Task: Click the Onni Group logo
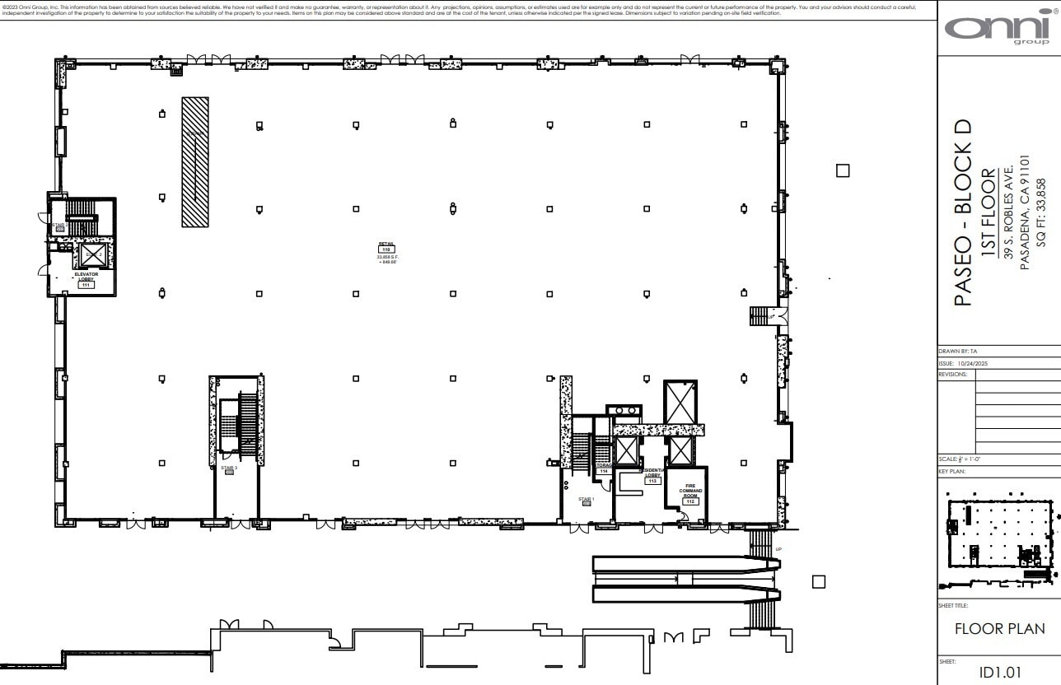(x=998, y=30)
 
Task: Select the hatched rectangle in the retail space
(x=195, y=161)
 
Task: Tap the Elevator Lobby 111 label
(x=86, y=279)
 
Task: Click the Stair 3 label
(x=229, y=469)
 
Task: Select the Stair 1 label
(x=586, y=501)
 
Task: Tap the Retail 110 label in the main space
(x=386, y=246)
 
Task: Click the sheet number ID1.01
(x=999, y=672)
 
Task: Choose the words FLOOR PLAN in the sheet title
(x=999, y=629)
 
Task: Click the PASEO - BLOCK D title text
(x=962, y=212)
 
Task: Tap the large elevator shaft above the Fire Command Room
(x=680, y=402)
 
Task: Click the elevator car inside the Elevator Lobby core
(x=90, y=255)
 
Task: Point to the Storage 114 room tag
(x=603, y=468)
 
